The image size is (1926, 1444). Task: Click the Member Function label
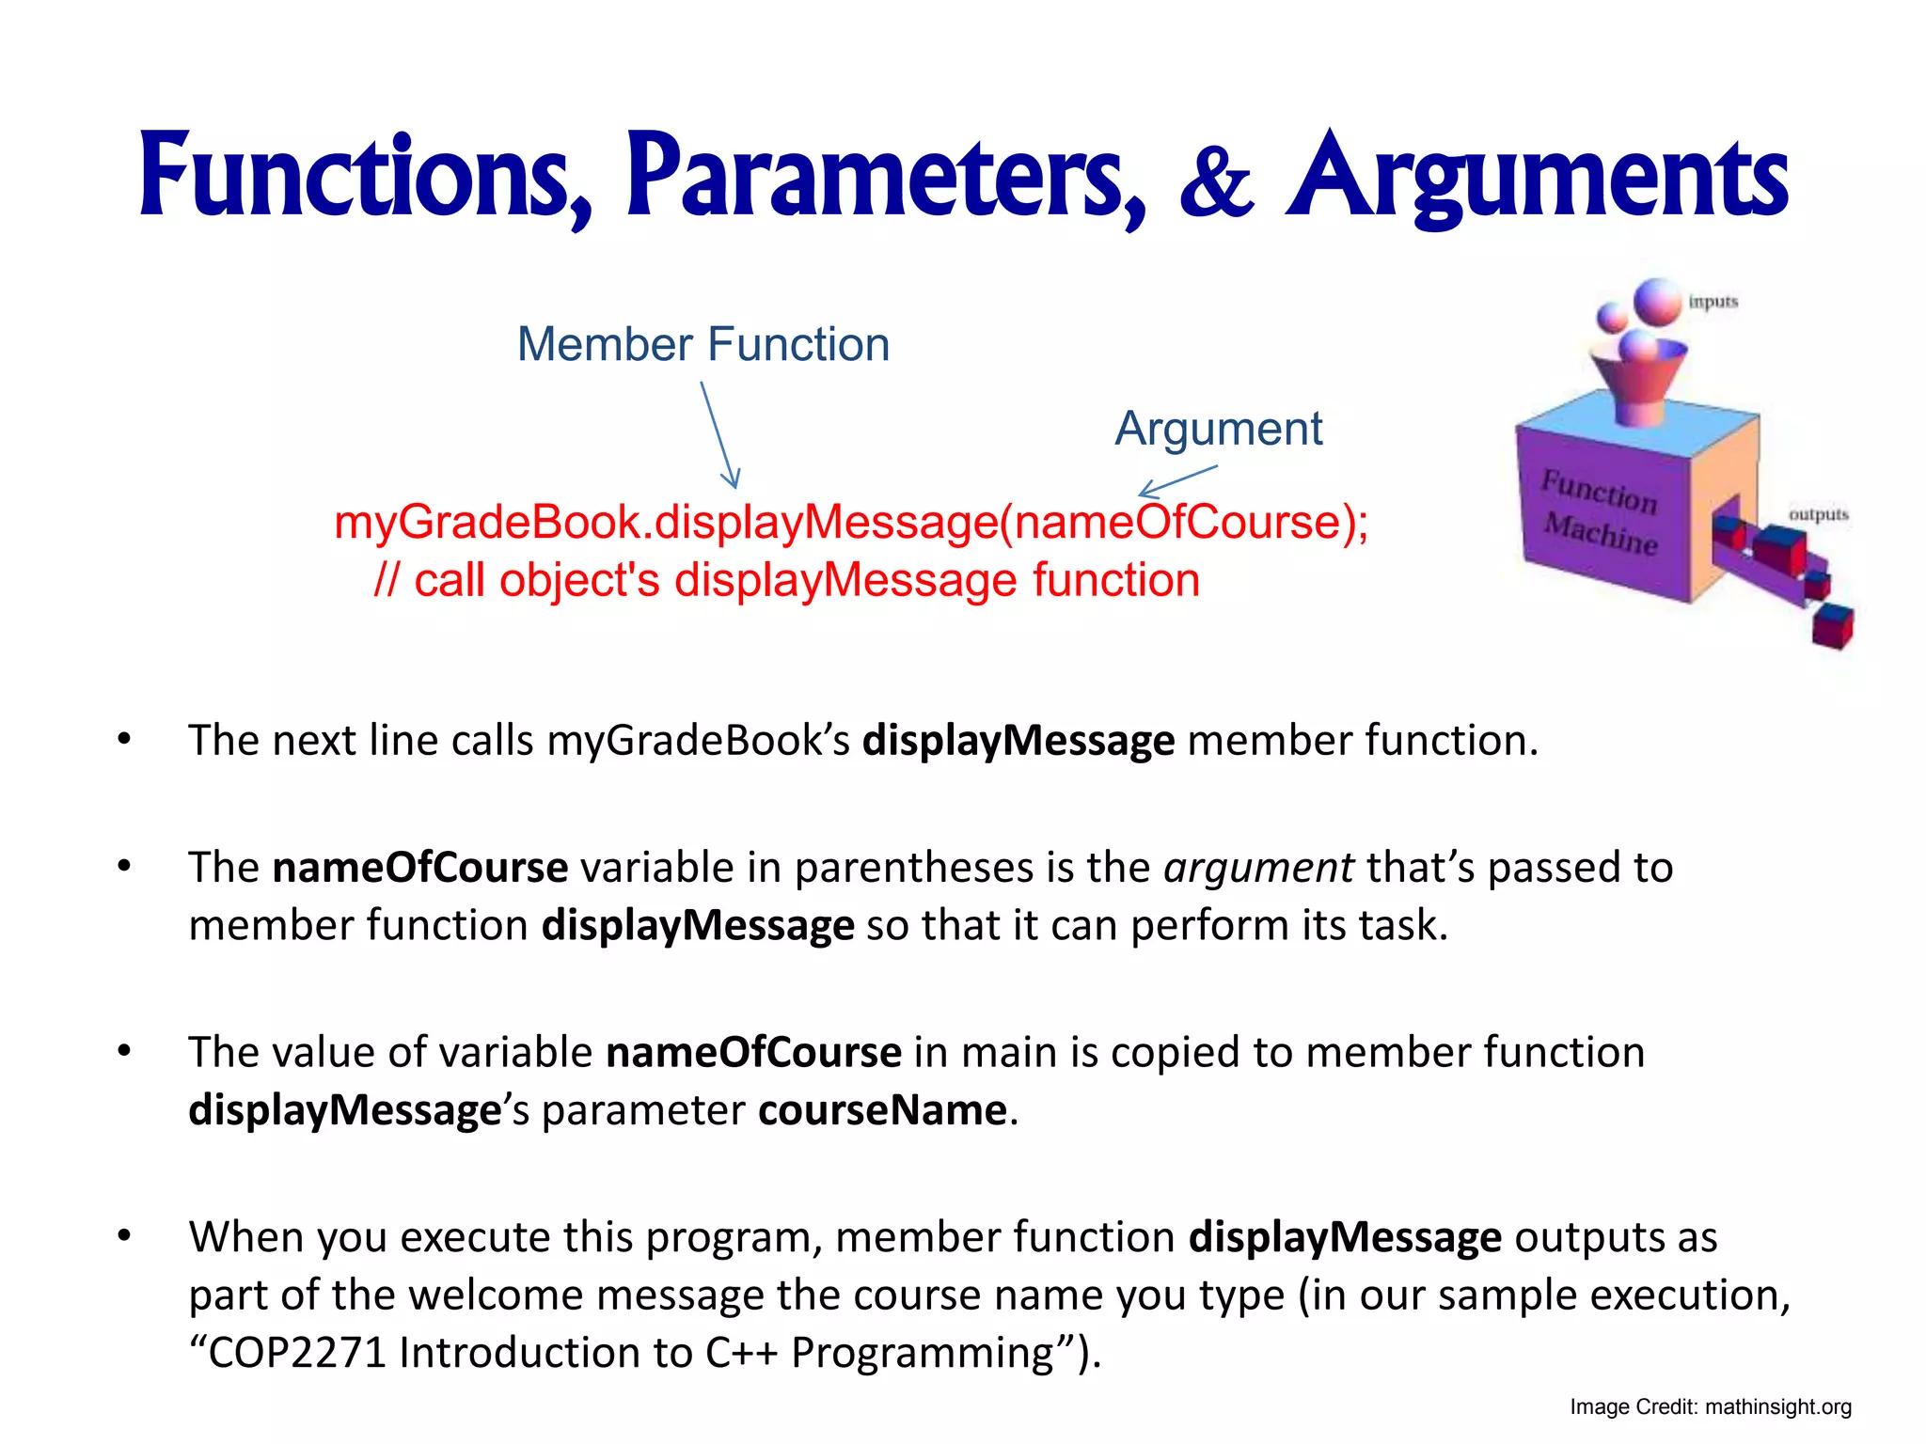pos(703,344)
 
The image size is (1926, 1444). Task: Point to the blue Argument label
pos(1218,429)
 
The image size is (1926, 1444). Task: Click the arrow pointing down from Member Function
pos(719,434)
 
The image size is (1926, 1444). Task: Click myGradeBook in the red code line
pos(487,523)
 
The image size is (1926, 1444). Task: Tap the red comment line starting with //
pos(786,580)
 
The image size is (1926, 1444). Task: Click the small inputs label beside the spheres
pos(1713,302)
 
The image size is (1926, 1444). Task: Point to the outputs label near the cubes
pos(1818,514)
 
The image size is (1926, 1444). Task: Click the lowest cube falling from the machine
pos(1832,626)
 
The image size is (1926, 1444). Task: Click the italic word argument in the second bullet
pos(1258,867)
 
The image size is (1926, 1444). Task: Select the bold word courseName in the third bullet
pos(882,1110)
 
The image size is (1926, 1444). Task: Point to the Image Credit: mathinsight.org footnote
pos(1710,1407)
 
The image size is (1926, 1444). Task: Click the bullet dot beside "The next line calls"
pos(124,740)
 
